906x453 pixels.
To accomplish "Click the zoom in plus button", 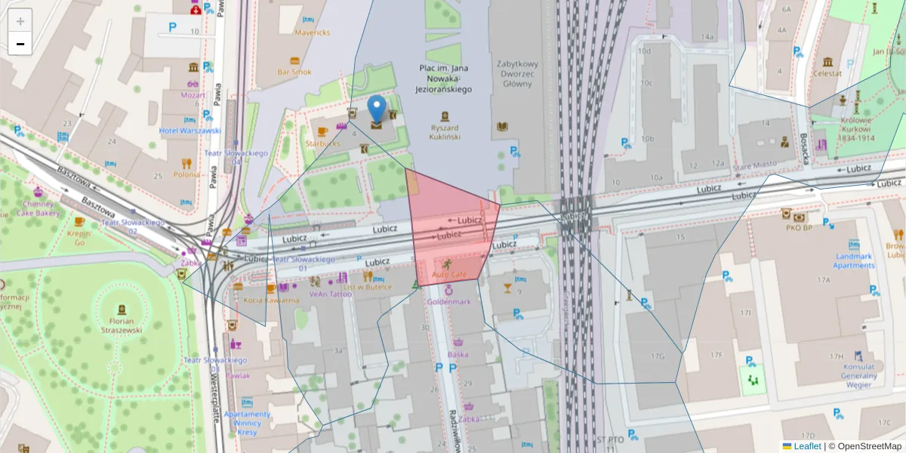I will tap(20, 21).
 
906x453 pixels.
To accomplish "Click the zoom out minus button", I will tap(20, 44).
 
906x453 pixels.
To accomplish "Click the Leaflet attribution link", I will tap(807, 446).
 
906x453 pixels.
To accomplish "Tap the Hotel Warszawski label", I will tap(190, 130).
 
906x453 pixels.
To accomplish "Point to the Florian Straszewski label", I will tap(122, 329).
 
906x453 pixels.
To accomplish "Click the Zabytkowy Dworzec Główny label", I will tap(516, 74).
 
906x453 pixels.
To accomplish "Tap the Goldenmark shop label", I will tap(448, 301).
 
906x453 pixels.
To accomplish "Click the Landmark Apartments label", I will tap(854, 260).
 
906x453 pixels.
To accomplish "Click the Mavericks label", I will tap(312, 32).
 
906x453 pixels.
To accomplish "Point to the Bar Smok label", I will tap(294, 72).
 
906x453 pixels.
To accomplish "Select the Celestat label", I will tap(827, 73).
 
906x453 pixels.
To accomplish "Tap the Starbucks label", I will tap(323, 143).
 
